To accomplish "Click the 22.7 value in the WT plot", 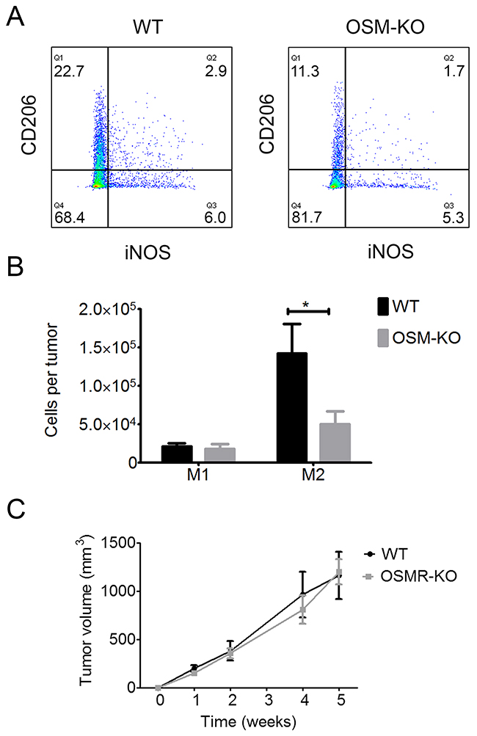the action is [68, 71].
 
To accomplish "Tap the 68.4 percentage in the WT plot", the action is [70, 218].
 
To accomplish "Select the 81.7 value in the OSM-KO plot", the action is [306, 218].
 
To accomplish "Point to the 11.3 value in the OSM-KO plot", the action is [305, 71].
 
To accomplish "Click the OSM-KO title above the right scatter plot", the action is [385, 27].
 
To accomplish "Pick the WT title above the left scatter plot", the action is [148, 27].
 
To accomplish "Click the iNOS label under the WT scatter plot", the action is [148, 253].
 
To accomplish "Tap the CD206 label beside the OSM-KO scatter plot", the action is [266, 124].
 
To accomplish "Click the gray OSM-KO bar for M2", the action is [335, 442].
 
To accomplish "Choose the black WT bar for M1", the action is [177, 454].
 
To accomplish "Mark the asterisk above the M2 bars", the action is [306, 305].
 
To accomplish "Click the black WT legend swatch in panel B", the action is [383, 307].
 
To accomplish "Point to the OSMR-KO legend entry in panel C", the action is [410, 576].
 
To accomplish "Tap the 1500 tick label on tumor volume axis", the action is [117, 544].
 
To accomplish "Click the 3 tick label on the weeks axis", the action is [269, 700].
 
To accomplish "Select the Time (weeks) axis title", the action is [249, 721].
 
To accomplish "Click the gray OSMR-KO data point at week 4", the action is [303, 610].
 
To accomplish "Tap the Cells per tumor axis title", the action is [52, 380].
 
